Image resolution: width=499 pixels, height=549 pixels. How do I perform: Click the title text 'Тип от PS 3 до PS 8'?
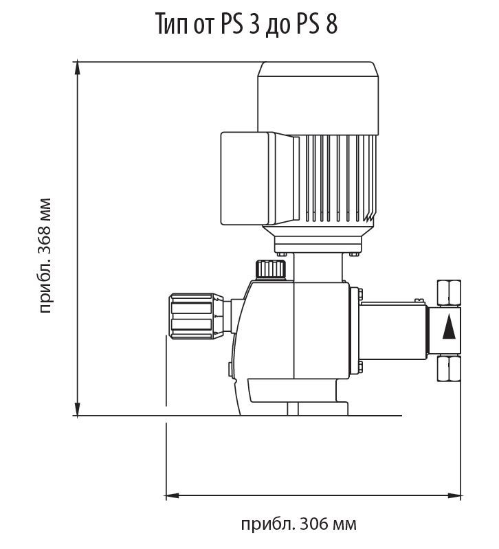[246, 24]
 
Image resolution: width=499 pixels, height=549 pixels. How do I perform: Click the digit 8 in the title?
[331, 25]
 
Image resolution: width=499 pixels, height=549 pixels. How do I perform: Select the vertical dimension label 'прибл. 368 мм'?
[45, 256]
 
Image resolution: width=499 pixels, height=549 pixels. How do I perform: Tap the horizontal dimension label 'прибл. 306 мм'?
[299, 524]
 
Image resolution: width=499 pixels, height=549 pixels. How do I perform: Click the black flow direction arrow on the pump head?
[449, 326]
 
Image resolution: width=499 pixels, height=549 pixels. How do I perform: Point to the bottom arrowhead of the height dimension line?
[77, 410]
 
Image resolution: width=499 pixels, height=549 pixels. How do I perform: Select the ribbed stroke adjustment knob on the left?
[196, 316]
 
